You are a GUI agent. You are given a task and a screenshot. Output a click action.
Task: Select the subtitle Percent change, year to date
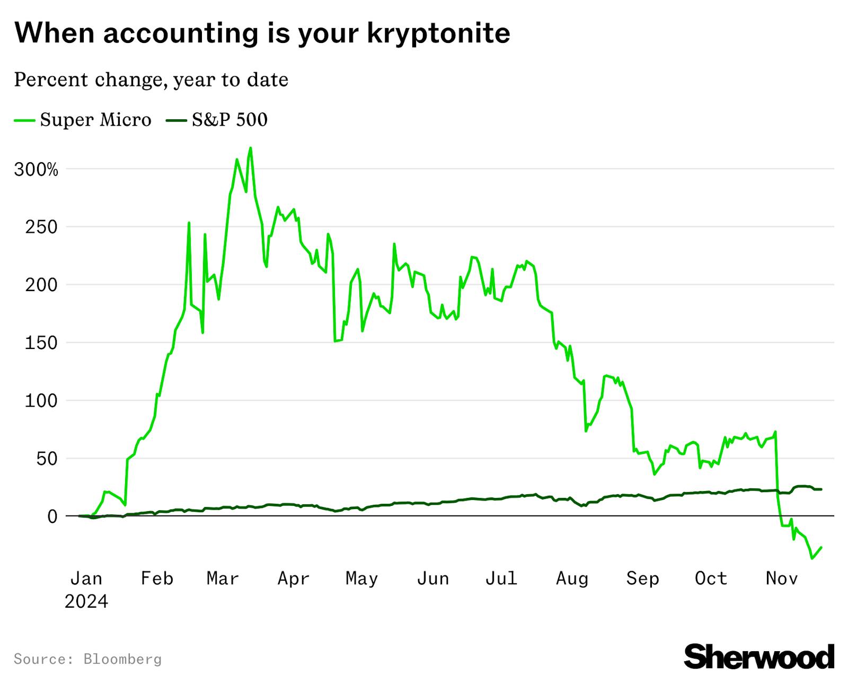pos(151,80)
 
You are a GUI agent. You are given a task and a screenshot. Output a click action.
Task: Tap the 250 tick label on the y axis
pos(41,227)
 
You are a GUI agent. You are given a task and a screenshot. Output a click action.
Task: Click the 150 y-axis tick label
pos(41,343)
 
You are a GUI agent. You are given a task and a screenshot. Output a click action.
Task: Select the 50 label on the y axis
pos(47,458)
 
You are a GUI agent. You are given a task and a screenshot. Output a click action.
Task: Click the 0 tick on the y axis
pos(52,516)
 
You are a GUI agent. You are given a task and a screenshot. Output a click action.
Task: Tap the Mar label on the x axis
pos(223,578)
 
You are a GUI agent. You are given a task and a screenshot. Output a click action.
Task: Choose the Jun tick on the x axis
pos(432,578)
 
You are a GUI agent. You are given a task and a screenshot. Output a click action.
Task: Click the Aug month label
pos(572,578)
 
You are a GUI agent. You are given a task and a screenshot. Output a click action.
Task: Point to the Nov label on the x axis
pos(781,578)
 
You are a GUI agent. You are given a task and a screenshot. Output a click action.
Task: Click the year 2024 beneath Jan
pos(86,601)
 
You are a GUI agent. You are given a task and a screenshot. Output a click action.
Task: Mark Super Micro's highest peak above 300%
pos(250,148)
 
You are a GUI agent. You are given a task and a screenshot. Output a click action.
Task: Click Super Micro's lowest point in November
pos(811,558)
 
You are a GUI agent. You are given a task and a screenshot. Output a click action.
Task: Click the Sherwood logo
pos(758,656)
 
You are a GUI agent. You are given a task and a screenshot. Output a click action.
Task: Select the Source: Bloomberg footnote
pos(87,659)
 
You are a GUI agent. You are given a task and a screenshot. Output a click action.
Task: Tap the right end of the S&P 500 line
pos(821,489)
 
